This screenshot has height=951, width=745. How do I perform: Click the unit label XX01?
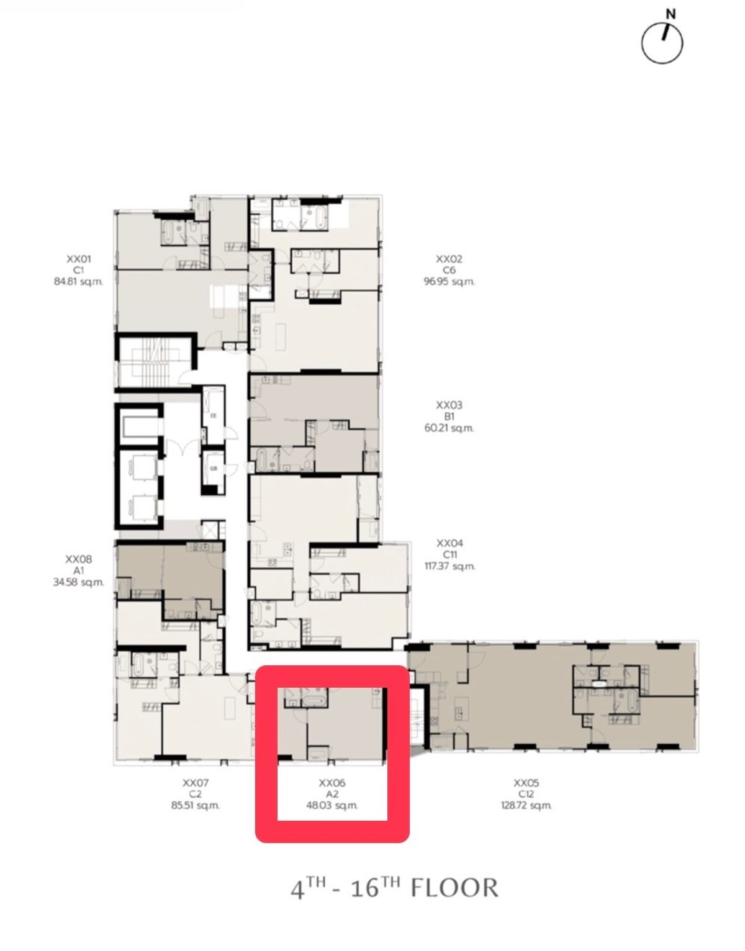click(79, 259)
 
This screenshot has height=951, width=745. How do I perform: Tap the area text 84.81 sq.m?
click(79, 282)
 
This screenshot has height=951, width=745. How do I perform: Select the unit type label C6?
click(449, 271)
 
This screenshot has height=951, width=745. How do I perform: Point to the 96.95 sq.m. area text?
click(449, 282)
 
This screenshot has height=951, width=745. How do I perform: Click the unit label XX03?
click(449, 405)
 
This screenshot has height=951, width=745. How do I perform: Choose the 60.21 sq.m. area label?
click(449, 428)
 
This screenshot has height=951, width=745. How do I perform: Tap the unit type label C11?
click(449, 555)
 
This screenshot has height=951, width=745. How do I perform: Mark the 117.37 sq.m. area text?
click(449, 566)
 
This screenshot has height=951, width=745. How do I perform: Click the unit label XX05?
click(526, 783)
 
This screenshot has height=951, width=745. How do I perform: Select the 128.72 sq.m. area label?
click(526, 805)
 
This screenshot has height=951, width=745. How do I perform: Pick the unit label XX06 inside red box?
click(332, 783)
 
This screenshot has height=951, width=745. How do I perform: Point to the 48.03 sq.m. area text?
click(332, 805)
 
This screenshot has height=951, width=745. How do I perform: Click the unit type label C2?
click(196, 794)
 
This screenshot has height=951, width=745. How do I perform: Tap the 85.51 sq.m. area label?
click(196, 805)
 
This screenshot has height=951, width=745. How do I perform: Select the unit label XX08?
click(79, 559)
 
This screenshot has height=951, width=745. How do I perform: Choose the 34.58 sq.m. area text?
click(79, 582)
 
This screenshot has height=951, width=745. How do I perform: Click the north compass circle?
click(642, 44)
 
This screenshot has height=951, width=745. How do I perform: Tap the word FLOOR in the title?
click(455, 889)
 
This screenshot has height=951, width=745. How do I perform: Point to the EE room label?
click(214, 416)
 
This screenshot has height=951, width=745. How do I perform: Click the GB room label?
click(214, 469)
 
